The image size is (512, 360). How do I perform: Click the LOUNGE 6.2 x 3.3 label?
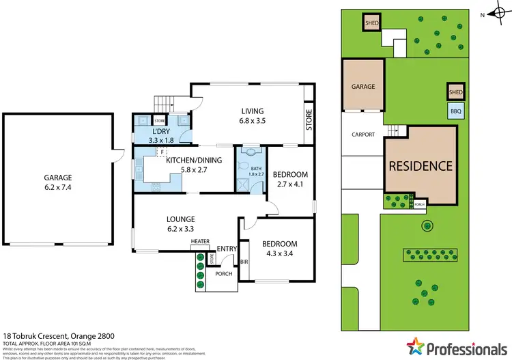click(x=181, y=225)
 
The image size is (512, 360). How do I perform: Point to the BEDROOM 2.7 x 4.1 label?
click(x=290, y=179)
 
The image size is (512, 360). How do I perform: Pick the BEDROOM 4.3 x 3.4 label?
click(x=279, y=249)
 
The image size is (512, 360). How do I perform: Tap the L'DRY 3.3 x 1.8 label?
click(x=161, y=135)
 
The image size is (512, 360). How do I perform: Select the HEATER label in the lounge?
click(x=200, y=242)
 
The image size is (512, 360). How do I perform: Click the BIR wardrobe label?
click(x=244, y=262)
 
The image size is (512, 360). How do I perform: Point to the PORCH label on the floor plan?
click(x=224, y=274)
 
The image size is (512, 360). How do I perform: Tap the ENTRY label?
click(x=225, y=248)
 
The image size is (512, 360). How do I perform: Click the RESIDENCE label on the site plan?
click(x=421, y=165)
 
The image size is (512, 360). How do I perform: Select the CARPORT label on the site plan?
click(x=363, y=135)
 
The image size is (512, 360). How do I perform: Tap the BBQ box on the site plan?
click(x=455, y=110)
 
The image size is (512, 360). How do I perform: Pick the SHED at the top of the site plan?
click(x=372, y=23)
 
